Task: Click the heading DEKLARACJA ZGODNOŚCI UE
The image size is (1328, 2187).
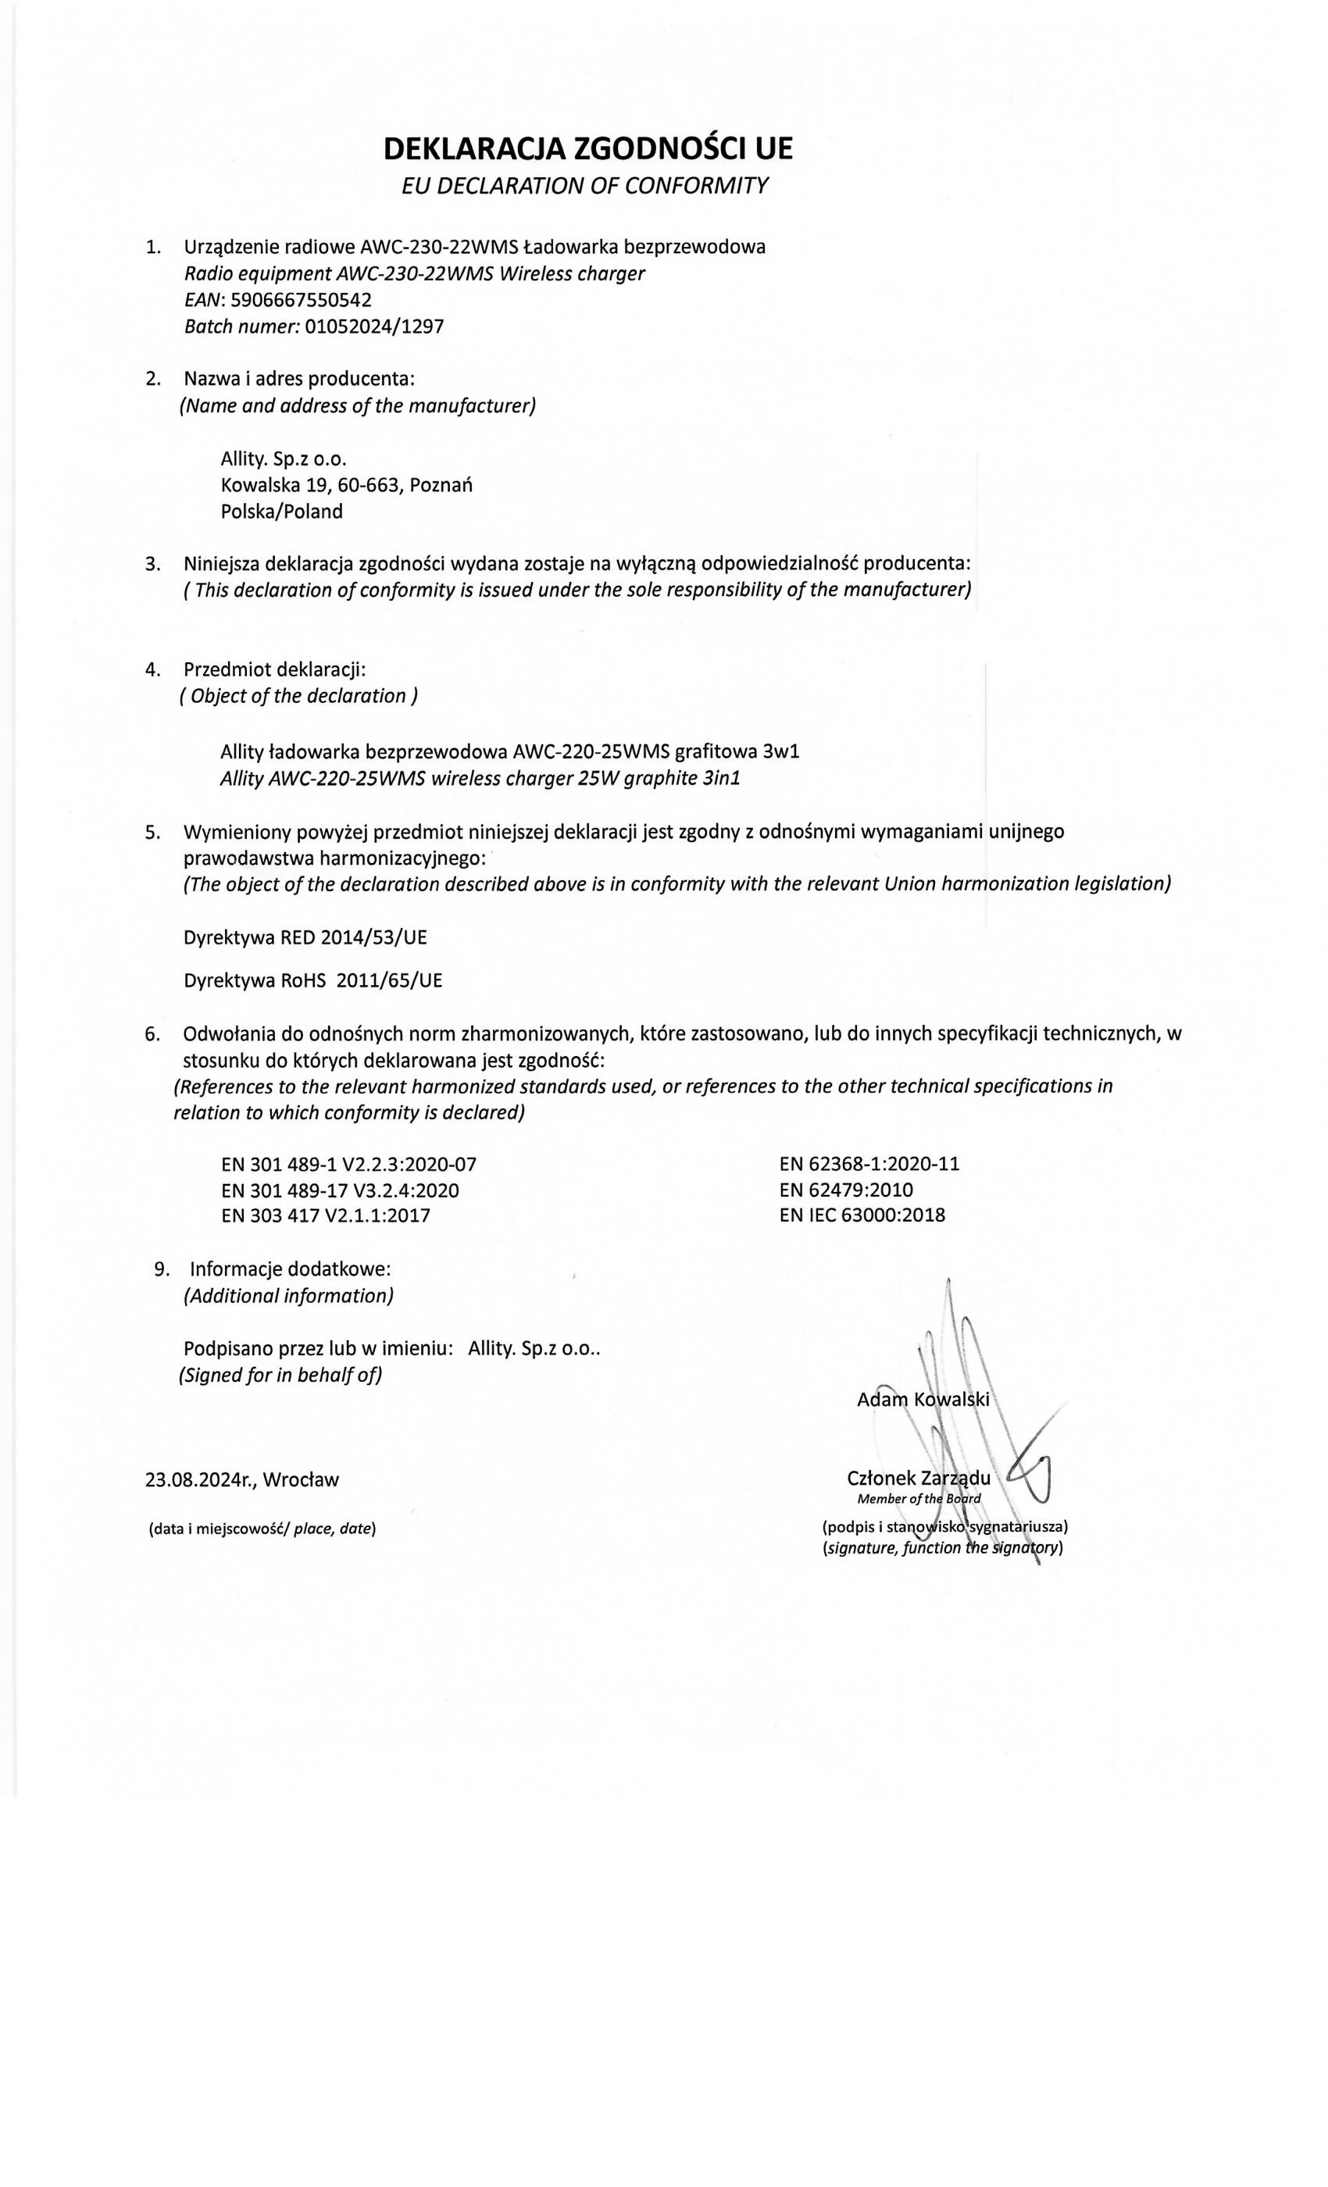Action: (x=587, y=148)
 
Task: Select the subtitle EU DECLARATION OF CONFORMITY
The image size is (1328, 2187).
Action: (x=585, y=186)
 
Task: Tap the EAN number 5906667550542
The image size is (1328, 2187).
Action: (x=300, y=300)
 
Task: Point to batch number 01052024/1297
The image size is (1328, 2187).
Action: (x=373, y=326)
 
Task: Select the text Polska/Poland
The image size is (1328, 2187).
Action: (x=281, y=512)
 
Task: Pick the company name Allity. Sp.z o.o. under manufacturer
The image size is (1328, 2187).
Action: (x=281, y=459)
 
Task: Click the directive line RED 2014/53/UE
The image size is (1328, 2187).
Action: (x=305, y=937)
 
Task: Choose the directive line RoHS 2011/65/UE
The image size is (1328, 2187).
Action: (x=312, y=981)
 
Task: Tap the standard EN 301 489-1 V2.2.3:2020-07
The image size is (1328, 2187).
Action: (x=354, y=1164)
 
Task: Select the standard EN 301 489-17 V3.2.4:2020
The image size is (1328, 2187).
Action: (x=340, y=1190)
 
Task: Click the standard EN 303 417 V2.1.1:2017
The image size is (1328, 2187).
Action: (x=325, y=1215)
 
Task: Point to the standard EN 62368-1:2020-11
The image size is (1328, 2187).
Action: (x=869, y=1164)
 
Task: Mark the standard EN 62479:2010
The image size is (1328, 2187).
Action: (x=846, y=1190)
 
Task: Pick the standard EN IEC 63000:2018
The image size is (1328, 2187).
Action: (x=862, y=1215)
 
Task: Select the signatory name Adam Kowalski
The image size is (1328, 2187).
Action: (x=923, y=1400)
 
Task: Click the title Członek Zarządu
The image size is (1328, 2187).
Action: (x=919, y=1478)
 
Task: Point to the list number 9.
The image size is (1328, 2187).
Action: (x=162, y=1268)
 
